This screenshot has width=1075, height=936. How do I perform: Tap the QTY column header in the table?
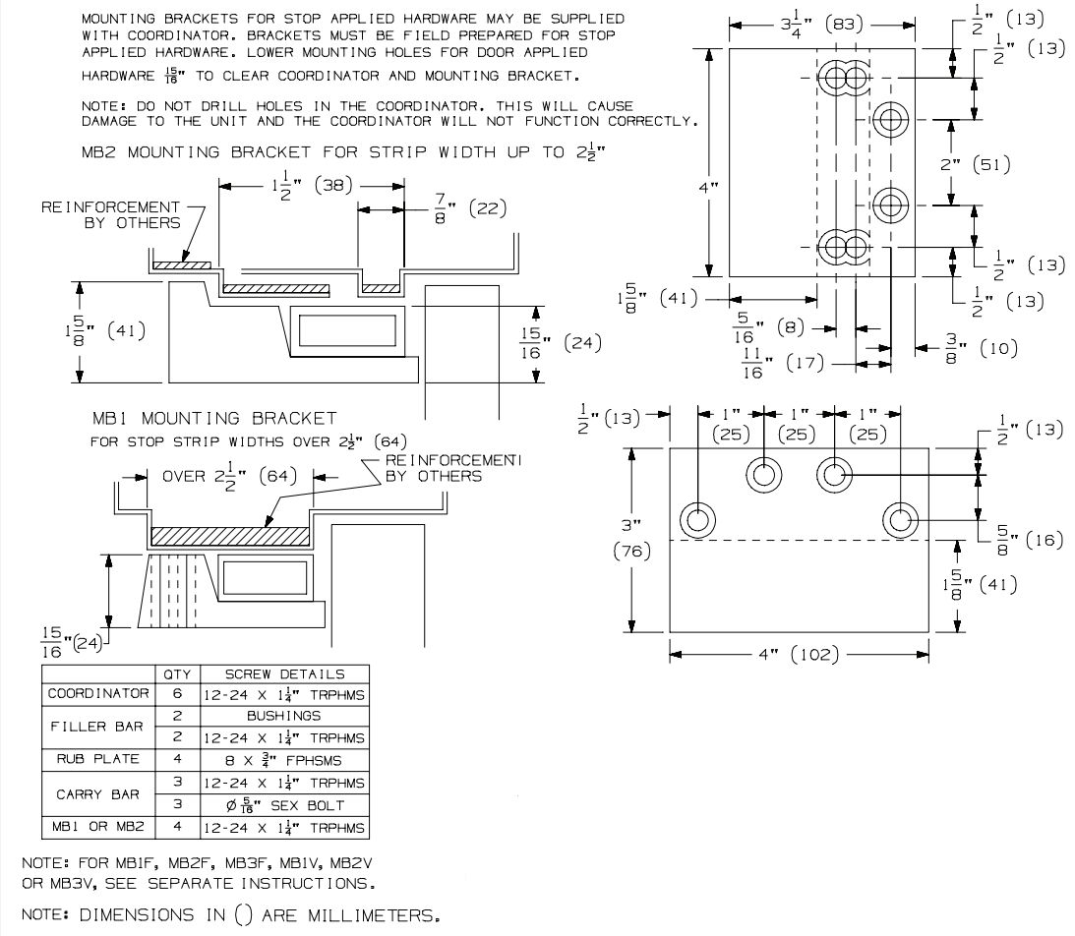[x=177, y=674]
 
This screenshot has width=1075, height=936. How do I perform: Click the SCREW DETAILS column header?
[x=285, y=674]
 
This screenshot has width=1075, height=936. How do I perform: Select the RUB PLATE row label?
[x=95, y=758]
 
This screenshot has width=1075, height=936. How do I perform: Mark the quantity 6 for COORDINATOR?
[x=177, y=694]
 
